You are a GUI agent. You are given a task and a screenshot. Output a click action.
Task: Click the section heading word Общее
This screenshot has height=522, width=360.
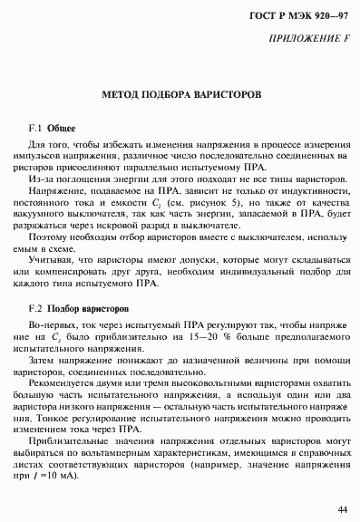62,128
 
